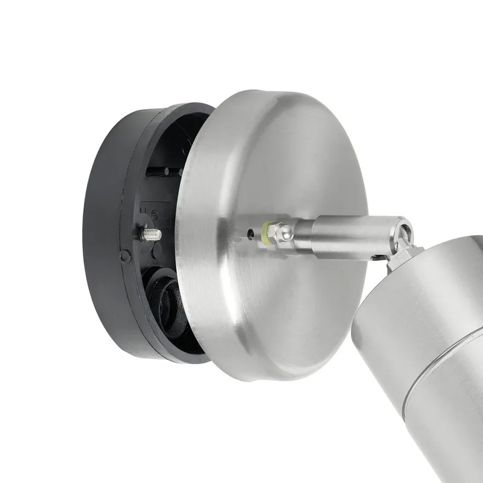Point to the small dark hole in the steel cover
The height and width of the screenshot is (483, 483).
pyautogui.click(x=251, y=231)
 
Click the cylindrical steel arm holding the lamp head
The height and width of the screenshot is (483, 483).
pyautogui.click(x=338, y=235)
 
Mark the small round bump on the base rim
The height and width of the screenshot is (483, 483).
pyautogui.click(x=125, y=256)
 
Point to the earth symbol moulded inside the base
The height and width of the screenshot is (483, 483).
pyautogui.click(x=155, y=213)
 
